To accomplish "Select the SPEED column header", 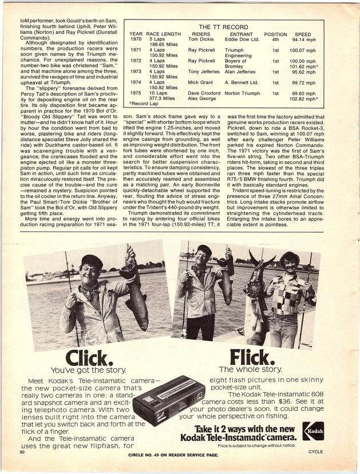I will tap(303, 34).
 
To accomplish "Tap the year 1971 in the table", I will tap(136, 50).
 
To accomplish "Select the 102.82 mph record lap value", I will tap(304, 98).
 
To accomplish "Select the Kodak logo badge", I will tap(313, 431).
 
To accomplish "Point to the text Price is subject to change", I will tap(256, 444).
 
